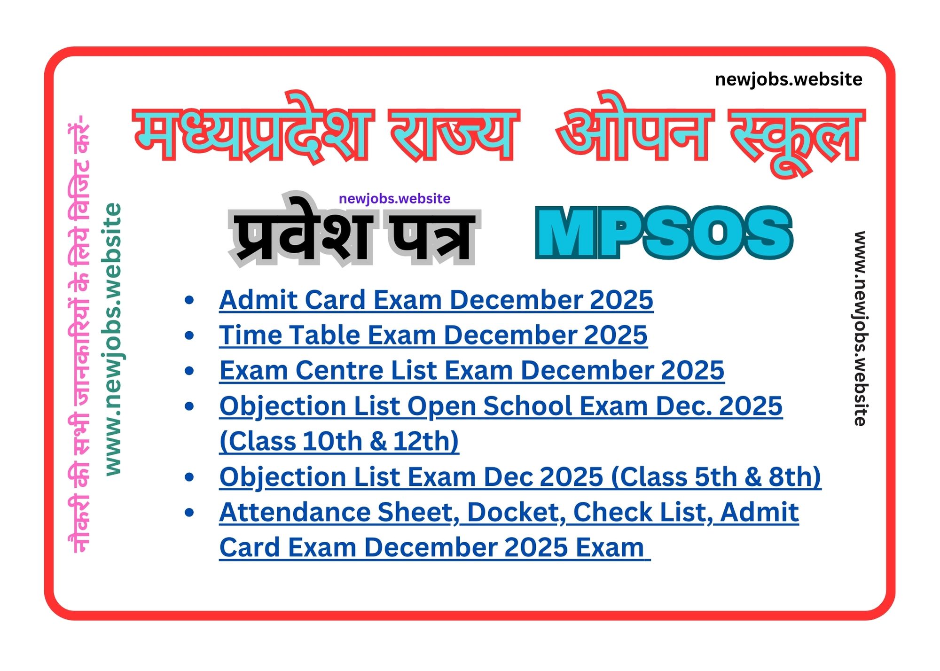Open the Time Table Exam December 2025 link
433,335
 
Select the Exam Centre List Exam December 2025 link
472,370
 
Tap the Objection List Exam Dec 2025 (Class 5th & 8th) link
520,477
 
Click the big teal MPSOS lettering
664,233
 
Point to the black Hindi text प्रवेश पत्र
354,230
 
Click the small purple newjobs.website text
394,198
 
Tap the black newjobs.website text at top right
788,79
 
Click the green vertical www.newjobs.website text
113,339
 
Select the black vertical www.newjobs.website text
860,328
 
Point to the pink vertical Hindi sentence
79,334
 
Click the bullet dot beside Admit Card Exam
189,300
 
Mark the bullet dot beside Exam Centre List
189,370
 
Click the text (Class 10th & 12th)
339,441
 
